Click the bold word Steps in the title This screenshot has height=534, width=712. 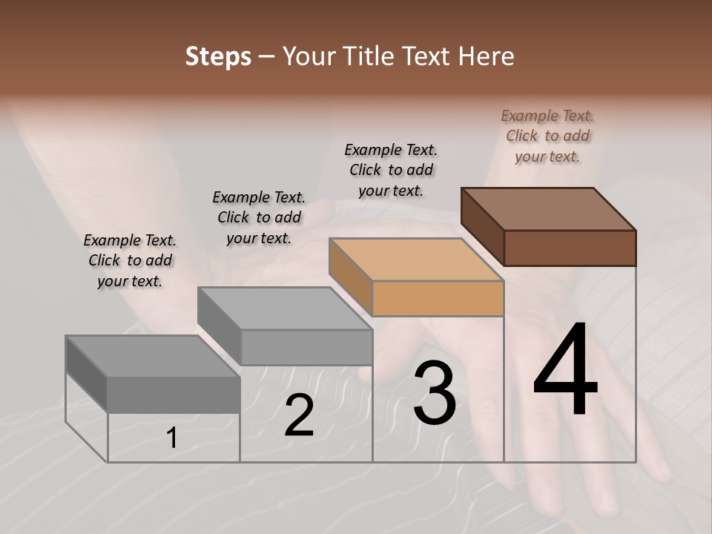218,56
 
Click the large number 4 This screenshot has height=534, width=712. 565,371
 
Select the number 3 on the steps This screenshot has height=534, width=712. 434,393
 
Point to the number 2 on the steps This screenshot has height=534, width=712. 299,416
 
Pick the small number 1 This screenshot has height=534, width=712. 171,438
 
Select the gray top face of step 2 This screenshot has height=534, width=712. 286,309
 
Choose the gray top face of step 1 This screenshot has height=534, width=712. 153,357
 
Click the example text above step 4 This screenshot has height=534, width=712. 548,136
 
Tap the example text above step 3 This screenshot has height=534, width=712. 391,170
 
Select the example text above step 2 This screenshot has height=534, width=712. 259,217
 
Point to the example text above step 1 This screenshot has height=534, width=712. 130,260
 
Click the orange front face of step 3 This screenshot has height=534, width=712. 438,299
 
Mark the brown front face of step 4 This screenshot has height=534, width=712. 570,248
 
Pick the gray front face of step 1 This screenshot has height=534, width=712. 174,395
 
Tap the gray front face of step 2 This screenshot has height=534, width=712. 306,347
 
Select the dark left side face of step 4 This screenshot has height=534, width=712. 482,226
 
